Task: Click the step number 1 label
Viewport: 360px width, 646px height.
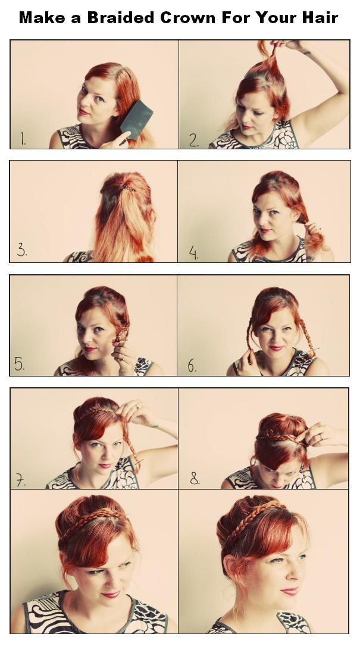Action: (23, 139)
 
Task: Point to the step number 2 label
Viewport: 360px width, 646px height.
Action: (194, 140)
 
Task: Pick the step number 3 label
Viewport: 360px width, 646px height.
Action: (22, 250)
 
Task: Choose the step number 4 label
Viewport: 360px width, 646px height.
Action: (193, 251)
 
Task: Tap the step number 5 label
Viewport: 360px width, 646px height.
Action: (20, 364)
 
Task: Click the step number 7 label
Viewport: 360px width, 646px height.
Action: (21, 479)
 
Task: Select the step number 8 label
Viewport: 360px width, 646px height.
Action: (195, 478)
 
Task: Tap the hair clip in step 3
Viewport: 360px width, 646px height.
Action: (127, 189)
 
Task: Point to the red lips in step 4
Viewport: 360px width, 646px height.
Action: (265, 230)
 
